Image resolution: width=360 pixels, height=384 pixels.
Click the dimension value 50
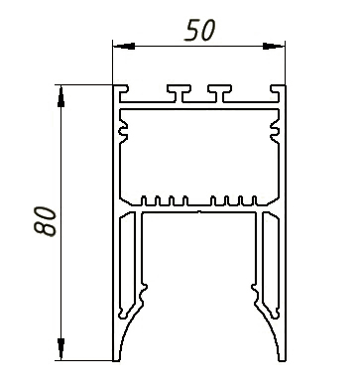tap(200, 31)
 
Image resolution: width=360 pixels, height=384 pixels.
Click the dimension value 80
tap(45, 221)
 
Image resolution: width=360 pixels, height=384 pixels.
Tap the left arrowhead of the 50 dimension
tap(124, 46)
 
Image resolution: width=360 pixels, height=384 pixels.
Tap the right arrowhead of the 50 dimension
tap(274, 46)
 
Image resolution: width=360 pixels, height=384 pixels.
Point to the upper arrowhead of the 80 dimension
tap(60, 96)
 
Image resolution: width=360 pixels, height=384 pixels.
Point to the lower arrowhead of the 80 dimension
tap(60, 349)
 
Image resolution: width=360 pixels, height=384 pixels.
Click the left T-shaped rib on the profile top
tap(179, 93)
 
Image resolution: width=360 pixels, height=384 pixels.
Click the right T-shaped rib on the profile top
tap(219, 93)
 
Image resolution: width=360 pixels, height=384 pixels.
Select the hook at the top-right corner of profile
tap(278, 93)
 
